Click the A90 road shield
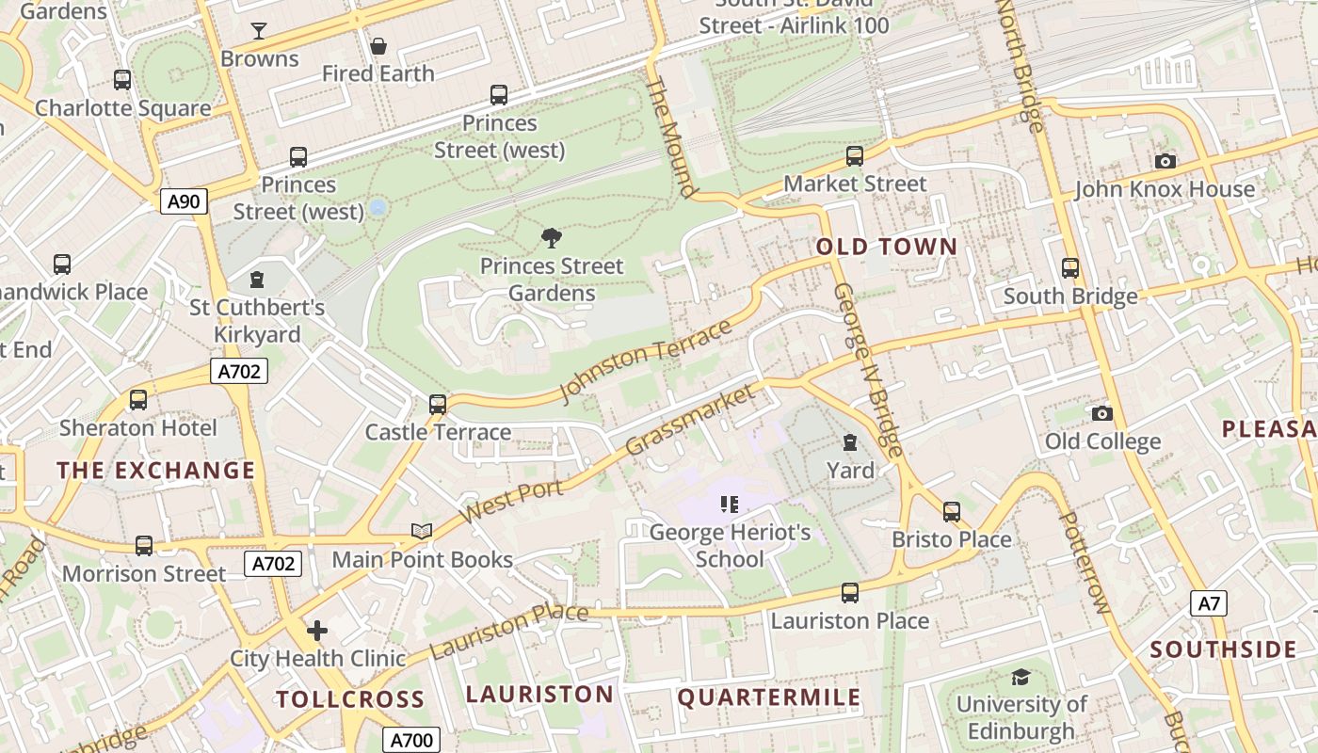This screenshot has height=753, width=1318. coord(184,200)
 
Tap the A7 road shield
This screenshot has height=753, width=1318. coord(1209,603)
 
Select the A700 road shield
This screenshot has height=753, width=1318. coord(410,740)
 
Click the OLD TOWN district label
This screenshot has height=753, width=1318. coord(886,248)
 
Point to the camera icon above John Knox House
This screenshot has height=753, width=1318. coord(1165,161)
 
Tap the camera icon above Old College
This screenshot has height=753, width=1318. coord(1101,413)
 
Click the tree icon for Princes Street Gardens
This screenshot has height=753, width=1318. coord(552,238)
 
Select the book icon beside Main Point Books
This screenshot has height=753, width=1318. coord(422,532)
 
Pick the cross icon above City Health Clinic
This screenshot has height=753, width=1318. coord(317,630)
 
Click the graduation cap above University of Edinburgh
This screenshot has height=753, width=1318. coord(1021,677)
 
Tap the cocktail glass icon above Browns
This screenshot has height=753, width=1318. coord(259,31)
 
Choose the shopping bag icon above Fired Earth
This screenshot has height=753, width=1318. coord(378,45)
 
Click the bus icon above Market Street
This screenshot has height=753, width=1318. coord(855,156)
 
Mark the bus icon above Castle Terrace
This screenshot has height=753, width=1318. coord(438,405)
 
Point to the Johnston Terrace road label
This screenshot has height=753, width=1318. coord(646,360)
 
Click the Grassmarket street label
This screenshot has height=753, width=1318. coord(690,420)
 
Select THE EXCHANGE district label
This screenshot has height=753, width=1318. coord(156,471)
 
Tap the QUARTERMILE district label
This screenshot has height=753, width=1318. coord(769,697)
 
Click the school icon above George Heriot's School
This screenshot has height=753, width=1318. coord(730,505)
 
